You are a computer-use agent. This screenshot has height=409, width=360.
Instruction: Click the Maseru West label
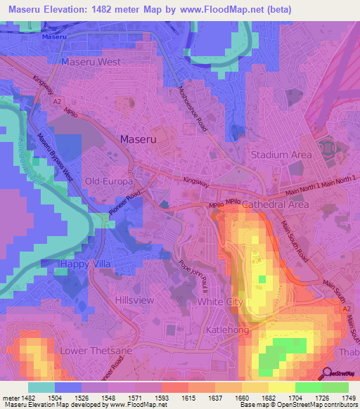[x=91, y=63]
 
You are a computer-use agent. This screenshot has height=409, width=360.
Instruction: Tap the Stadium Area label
[x=281, y=155]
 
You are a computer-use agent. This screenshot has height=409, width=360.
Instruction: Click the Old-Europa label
[x=104, y=181]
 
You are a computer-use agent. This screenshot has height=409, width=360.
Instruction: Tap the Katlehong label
[x=226, y=328]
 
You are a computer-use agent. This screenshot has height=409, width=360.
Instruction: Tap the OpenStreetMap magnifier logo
[x=326, y=373]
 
